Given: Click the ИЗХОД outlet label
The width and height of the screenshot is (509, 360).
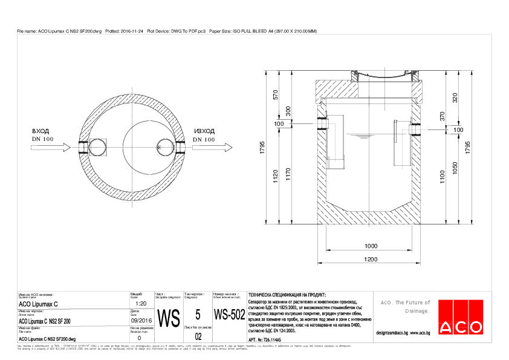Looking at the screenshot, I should coord(204,131).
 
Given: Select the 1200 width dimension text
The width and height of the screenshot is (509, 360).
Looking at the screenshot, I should coord(371,260).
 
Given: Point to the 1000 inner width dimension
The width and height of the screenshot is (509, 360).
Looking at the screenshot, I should coord(371,246).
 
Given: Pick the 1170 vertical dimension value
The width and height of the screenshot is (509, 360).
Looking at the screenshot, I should coord(288,175).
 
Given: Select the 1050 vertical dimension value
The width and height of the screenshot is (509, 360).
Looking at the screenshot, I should coord(455,175).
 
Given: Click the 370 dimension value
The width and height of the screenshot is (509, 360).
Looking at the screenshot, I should coord(442,116).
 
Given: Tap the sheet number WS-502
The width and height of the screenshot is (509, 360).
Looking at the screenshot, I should coord(230,315).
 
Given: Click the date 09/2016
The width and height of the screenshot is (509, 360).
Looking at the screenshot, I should coord(140,321).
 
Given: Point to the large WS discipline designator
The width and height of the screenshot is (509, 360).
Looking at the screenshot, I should coord(169,317).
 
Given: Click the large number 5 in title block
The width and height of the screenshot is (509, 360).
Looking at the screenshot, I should coord(198,314).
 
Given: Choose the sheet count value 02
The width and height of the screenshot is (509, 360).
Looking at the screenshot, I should coord(198,336).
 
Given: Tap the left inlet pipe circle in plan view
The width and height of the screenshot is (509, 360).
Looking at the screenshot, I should coord(97,146).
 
